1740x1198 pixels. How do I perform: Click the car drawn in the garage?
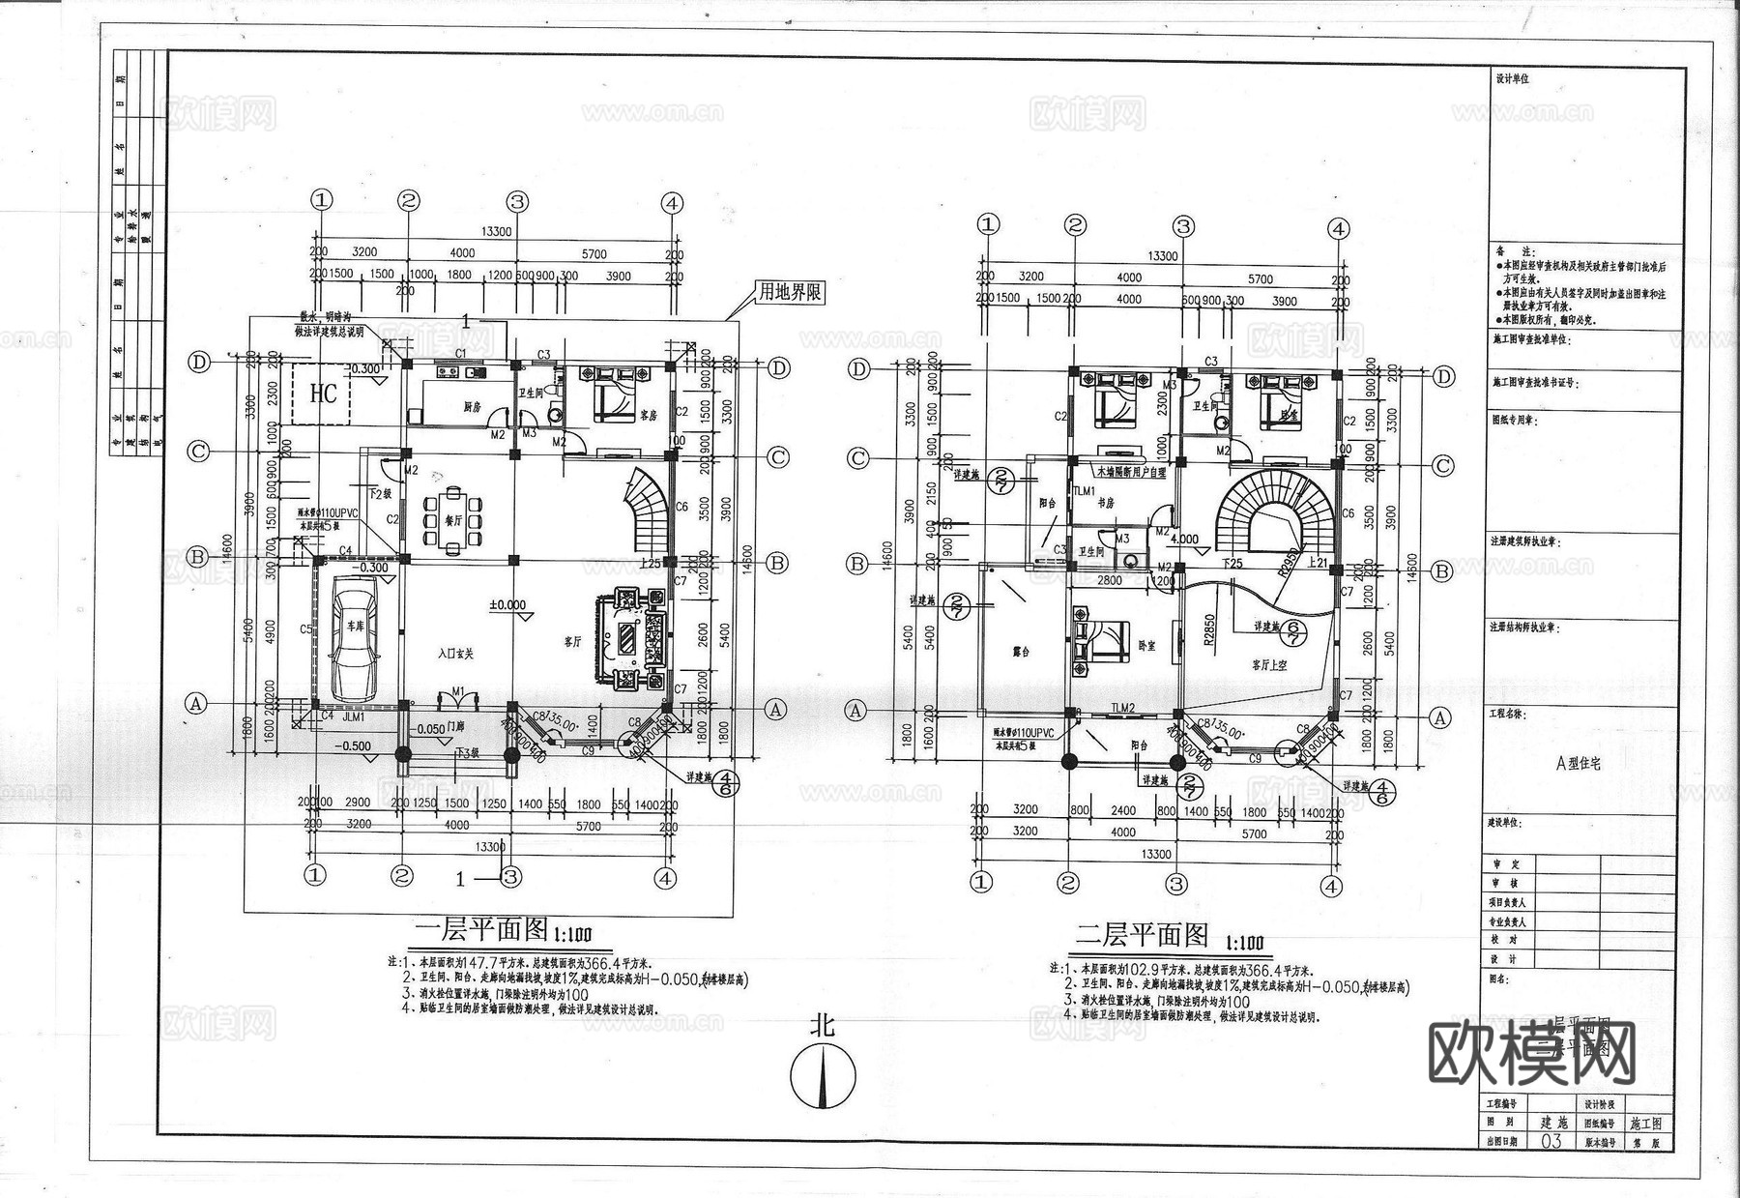355,640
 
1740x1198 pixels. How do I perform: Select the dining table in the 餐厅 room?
451,520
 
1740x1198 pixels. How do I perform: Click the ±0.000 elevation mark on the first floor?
507,605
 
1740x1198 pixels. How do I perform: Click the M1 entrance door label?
460,690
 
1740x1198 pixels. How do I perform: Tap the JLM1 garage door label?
355,717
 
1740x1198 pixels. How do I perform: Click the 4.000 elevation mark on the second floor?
1184,540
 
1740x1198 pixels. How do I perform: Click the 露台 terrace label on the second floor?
1021,651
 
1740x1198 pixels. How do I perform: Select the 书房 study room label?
1105,503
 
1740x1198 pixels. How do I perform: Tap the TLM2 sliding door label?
1122,709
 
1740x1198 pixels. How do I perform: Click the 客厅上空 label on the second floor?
1268,665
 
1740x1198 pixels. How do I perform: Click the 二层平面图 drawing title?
1143,935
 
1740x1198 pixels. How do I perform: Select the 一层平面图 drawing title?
481,930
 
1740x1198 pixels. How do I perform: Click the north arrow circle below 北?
823,1076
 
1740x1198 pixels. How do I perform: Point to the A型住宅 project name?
1578,762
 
